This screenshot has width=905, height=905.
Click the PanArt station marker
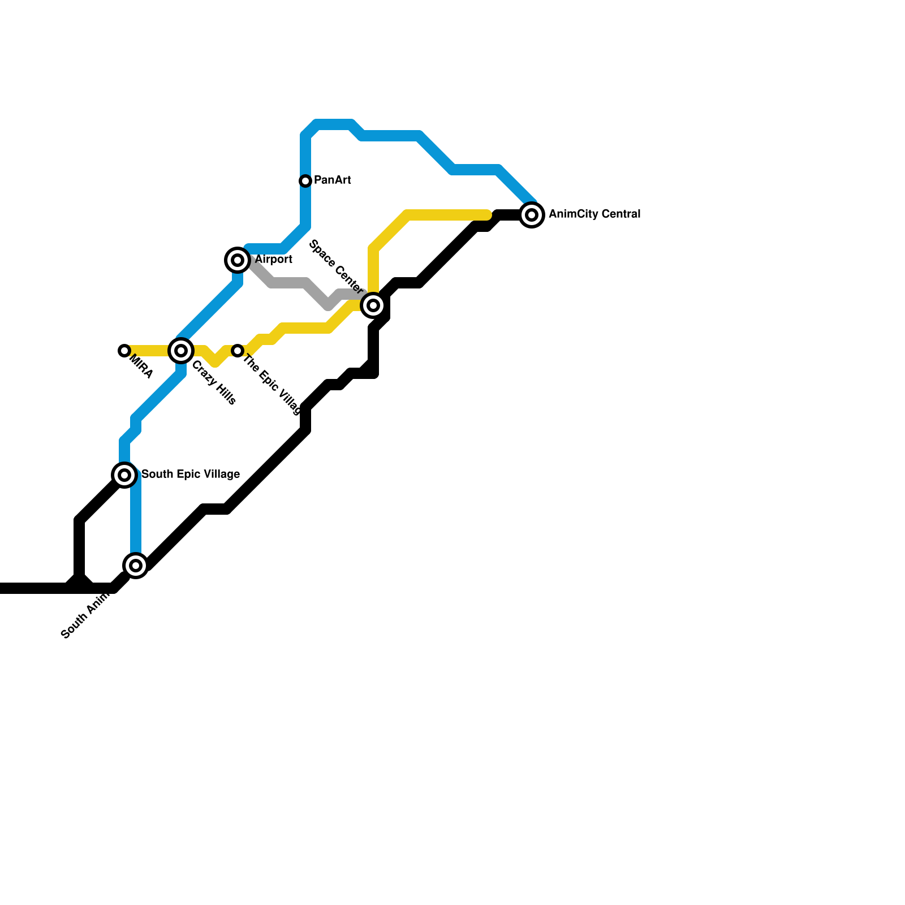pos(305,181)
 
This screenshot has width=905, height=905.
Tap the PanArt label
pos(332,180)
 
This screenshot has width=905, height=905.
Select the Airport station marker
pos(238,260)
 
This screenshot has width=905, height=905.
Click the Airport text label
pos(273,260)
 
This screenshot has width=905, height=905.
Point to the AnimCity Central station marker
pos(532,215)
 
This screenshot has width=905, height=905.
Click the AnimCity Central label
pos(594,214)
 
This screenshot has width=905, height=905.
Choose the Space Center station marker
pos(373,305)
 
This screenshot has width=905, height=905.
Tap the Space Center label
pos(336,266)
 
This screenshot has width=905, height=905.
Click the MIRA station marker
pos(124,351)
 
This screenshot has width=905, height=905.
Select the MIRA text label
pos(141,367)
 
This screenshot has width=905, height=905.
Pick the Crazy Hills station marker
pos(181,351)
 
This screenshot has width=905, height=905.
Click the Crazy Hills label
pos(214,383)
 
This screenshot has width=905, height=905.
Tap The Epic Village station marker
pos(238,351)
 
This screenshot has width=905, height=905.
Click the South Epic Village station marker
pos(124,475)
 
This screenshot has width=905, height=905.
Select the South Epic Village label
pos(190,475)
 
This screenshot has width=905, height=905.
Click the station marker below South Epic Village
pos(136,565)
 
